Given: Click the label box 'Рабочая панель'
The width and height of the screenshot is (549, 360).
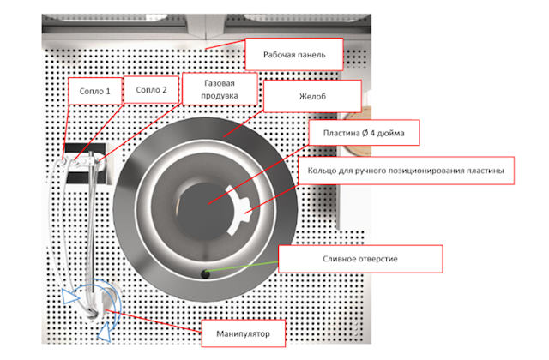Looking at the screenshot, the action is [x=293, y=54].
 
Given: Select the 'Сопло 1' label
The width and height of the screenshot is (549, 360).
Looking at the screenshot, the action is [x=95, y=91].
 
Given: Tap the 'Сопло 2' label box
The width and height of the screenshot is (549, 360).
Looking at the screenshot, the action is [x=151, y=89].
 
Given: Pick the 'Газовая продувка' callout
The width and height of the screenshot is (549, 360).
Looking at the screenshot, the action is [x=220, y=89].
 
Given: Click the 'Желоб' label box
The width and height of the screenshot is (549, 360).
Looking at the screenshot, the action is [x=312, y=96].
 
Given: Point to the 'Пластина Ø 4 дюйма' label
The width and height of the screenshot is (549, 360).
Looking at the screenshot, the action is [x=364, y=133].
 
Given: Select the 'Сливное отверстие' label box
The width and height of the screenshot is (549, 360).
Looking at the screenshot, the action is [x=360, y=259].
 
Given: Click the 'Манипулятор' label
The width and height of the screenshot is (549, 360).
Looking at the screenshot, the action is [x=244, y=333].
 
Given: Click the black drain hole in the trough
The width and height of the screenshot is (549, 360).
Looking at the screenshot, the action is [x=206, y=274].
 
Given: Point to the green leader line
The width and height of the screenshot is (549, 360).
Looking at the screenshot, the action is [x=242, y=267].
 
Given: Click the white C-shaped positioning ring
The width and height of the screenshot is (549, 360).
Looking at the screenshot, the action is [x=238, y=211].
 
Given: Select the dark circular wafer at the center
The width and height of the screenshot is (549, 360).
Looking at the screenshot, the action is [x=204, y=212].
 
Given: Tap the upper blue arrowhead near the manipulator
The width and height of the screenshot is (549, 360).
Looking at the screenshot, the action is [x=69, y=297].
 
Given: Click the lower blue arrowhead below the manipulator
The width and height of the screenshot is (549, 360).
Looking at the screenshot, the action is [x=105, y=333].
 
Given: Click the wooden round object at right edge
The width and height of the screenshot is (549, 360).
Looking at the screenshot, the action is [x=357, y=134].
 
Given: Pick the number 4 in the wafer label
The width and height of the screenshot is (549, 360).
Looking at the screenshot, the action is [x=372, y=133].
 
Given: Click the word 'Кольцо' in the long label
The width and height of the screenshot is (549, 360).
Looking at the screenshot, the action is [x=318, y=171].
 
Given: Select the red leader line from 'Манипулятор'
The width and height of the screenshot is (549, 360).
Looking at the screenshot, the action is [x=153, y=321].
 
